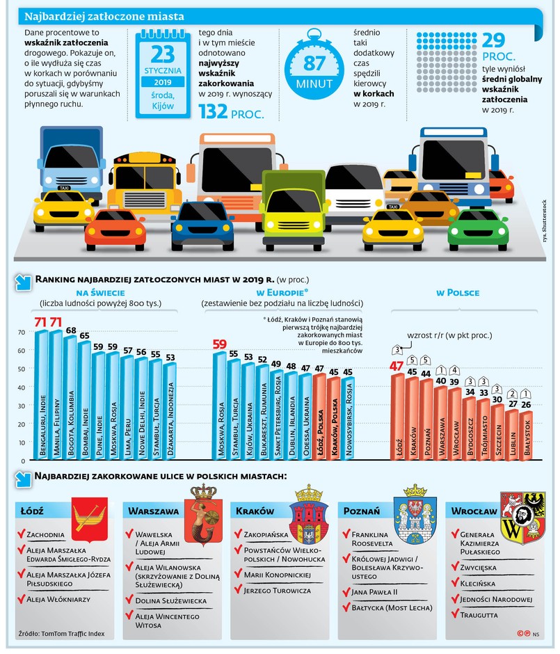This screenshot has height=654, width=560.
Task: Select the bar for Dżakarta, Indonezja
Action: [x=170, y=410]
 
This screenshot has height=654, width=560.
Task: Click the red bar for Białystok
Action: [x=527, y=435]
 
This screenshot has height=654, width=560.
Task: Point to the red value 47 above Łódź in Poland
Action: [x=397, y=365]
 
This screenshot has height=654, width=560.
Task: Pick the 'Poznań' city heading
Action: [x=362, y=510]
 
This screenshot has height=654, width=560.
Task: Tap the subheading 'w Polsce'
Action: [x=457, y=292]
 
